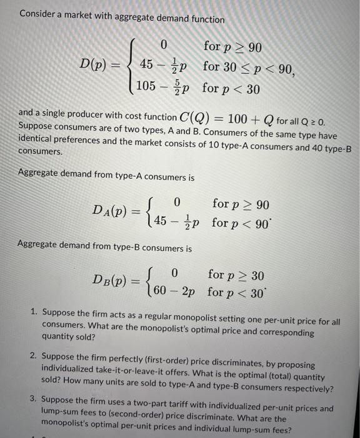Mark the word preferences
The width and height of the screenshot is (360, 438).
(x=83, y=141)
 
